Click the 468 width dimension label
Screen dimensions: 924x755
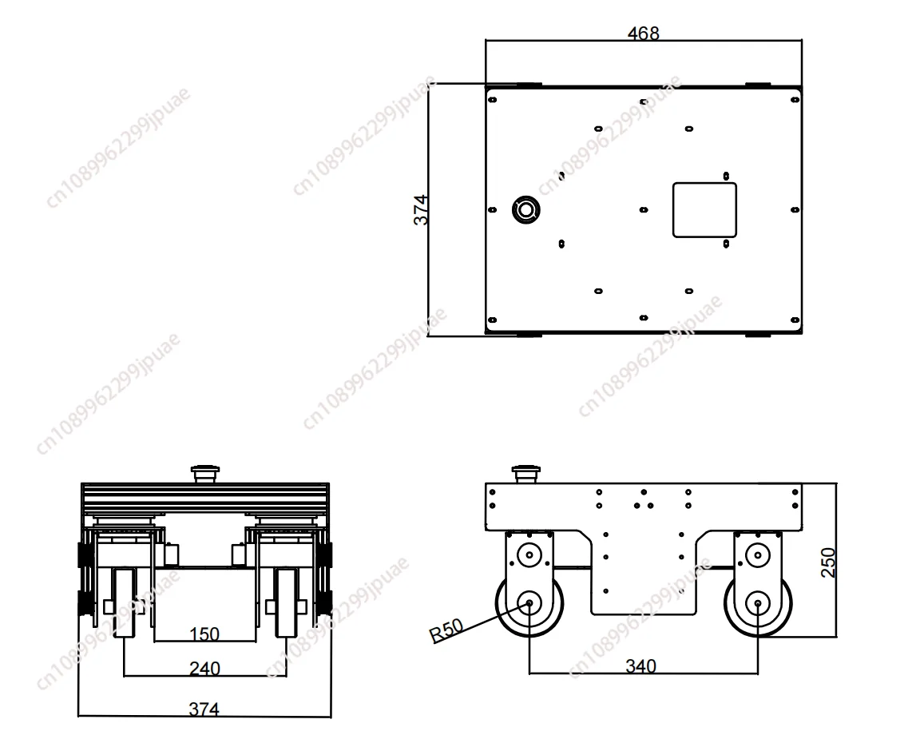pos(643,33)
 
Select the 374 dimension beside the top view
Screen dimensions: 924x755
pos(421,210)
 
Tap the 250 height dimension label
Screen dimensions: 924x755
pos(828,562)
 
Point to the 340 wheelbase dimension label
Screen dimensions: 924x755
pos(640,666)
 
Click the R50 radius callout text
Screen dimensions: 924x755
pos(446,630)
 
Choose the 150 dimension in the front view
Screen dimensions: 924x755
pos(204,634)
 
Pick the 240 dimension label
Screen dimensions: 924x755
pos(204,669)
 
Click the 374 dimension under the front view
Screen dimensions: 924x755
pos(204,709)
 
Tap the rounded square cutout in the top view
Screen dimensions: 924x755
pos(705,210)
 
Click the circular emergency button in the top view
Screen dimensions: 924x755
pos(525,210)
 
